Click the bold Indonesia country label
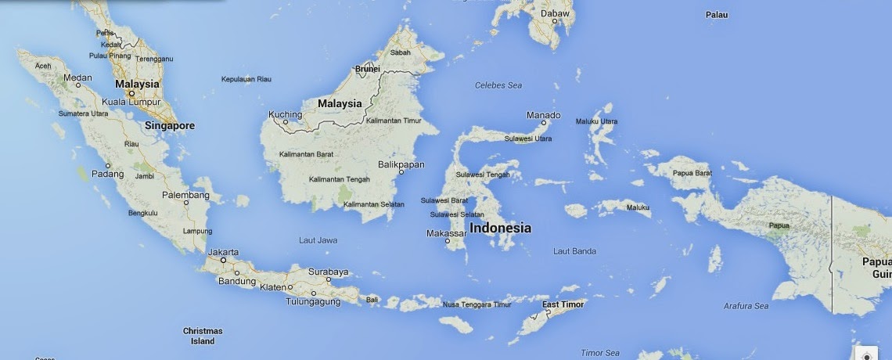(501, 229)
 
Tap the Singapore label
(170, 125)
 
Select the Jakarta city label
(223, 252)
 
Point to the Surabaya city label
(328, 272)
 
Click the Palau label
(717, 15)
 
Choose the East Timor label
(563, 304)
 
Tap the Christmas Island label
(203, 336)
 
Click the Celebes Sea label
(498, 85)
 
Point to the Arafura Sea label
(746, 306)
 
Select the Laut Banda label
(574, 251)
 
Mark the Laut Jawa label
(318, 240)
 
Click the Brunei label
(368, 69)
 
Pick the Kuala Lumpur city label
(131, 103)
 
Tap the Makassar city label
(446, 233)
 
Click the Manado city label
(543, 115)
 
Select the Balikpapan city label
(401, 164)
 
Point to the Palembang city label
(185, 195)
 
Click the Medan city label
(77, 77)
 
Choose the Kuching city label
(285, 114)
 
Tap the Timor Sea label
(600, 353)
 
